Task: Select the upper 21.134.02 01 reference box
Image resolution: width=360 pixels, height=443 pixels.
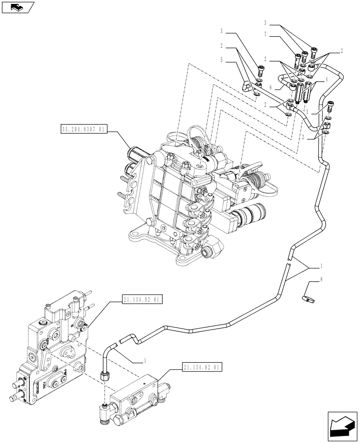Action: click(x=141, y=300)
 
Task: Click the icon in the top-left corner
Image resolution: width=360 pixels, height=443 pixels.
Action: click(x=17, y=7)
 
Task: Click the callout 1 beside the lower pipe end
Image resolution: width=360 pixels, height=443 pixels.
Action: click(x=145, y=361)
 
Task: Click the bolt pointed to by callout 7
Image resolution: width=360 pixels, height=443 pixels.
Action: click(x=297, y=58)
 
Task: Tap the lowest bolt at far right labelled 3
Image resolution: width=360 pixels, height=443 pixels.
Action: click(x=329, y=106)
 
